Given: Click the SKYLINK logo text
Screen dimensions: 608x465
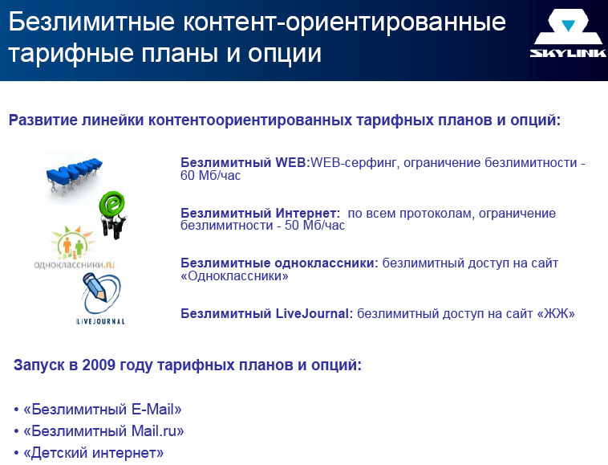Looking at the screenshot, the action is pyautogui.click(x=568, y=53).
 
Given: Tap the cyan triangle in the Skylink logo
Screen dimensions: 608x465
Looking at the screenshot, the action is pyautogui.click(x=568, y=26).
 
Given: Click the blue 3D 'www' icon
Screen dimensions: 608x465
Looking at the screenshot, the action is pyautogui.click(x=74, y=174).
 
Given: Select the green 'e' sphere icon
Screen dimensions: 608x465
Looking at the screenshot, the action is pyautogui.click(x=113, y=214).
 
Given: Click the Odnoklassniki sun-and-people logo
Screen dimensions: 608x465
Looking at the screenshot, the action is pyautogui.click(x=72, y=243).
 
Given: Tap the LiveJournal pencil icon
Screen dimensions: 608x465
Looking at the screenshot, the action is pyautogui.click(x=101, y=293).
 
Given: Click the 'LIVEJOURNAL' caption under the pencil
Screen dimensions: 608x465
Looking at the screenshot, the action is pyautogui.click(x=100, y=321).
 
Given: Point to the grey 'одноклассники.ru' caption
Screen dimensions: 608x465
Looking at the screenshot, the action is pyautogui.click(x=74, y=265).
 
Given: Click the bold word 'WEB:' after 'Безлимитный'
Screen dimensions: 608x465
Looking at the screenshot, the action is pyautogui.click(x=293, y=163).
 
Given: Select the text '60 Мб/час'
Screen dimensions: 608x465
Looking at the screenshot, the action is pyautogui.click(x=210, y=176).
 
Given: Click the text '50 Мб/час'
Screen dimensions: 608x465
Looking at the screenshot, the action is pyautogui.click(x=314, y=226).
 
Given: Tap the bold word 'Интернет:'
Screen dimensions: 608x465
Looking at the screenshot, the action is pyautogui.click(x=308, y=213).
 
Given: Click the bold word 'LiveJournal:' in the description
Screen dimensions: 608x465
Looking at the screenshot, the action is pyautogui.click(x=314, y=313).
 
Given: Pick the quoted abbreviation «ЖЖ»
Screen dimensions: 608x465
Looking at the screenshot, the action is pyautogui.click(x=556, y=313).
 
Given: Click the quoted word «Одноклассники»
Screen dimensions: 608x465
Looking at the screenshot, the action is pyautogui.click(x=234, y=276).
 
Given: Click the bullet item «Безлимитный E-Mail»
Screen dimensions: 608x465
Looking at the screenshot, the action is pyautogui.click(x=103, y=409).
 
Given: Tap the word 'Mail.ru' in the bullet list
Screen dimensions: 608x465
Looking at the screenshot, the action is pyautogui.click(x=154, y=430).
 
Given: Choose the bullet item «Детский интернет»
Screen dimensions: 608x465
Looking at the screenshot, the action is pyautogui.click(x=94, y=453).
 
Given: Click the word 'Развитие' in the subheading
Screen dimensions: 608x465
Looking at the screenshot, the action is pyautogui.click(x=43, y=120).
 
